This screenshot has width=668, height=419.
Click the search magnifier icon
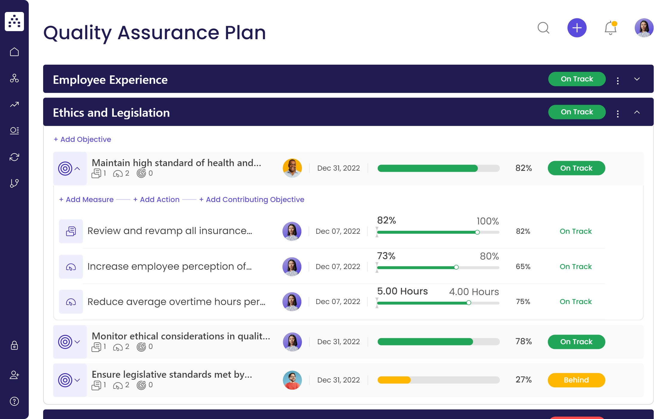[x=543, y=28]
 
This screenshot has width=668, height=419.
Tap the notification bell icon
[x=610, y=28]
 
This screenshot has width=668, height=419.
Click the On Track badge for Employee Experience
[x=577, y=79]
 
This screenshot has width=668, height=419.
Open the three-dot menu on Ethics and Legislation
[x=618, y=113]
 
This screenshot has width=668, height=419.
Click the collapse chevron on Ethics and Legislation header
[x=637, y=112]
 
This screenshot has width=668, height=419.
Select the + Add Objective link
[x=82, y=139]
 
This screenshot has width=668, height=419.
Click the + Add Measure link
[x=86, y=200]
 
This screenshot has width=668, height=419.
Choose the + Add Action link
[x=156, y=200]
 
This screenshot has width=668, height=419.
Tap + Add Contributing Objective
[x=252, y=200]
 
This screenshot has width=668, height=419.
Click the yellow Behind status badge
[x=576, y=380]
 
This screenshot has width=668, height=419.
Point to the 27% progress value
[x=523, y=380]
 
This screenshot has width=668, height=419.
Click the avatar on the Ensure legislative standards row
[x=292, y=380]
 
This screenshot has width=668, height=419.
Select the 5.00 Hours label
[x=402, y=291]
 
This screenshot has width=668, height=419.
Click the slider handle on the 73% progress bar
[x=456, y=267]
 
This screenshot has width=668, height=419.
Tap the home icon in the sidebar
[x=14, y=52]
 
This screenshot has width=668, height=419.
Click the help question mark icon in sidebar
[x=14, y=401]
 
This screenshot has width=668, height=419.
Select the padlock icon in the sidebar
[x=14, y=345]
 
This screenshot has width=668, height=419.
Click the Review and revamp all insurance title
[x=170, y=231]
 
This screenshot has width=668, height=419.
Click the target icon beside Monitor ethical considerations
[x=65, y=342]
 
